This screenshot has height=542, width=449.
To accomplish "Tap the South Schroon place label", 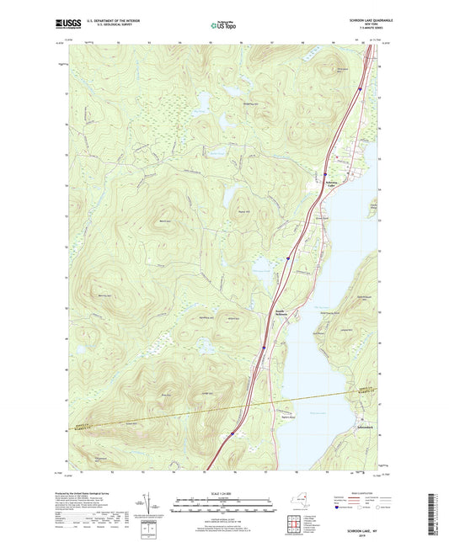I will (x=281, y=315).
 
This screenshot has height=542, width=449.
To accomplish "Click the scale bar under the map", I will (x=224, y=503).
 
